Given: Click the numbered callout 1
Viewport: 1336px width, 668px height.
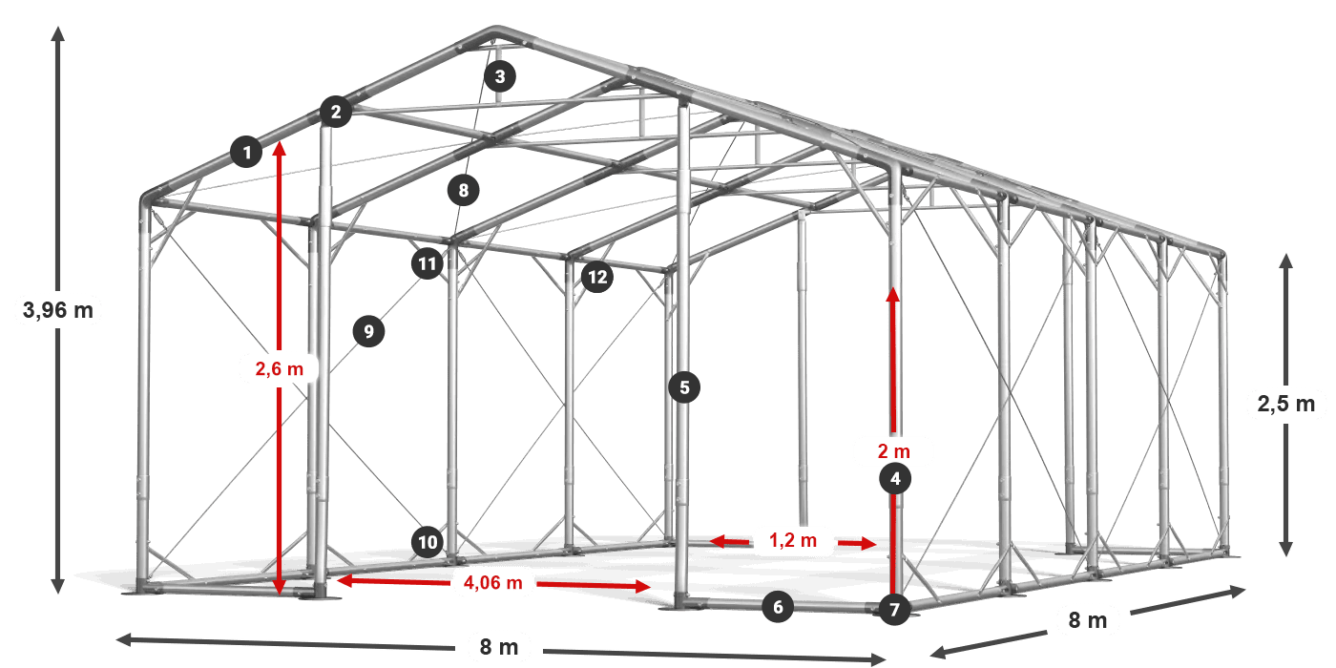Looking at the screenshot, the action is coord(246,152).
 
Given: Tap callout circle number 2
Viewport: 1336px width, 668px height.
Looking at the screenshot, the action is coord(336,112).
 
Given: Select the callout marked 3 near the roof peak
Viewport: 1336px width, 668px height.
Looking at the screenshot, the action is coord(500,76).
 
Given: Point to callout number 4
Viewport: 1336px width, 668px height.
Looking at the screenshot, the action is coord(895,478).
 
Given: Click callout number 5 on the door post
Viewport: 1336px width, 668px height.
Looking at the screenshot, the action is coord(684,387).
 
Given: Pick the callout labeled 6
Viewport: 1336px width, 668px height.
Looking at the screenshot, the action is coord(778,607).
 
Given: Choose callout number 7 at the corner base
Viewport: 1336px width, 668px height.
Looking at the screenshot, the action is coord(894,610).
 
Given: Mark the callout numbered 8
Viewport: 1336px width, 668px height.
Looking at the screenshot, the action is coord(464,190).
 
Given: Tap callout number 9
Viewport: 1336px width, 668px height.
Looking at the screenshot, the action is coord(368,331).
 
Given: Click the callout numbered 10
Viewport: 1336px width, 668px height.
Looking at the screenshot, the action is coord(428,542).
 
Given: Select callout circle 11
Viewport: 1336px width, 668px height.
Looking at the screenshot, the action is coord(428,263).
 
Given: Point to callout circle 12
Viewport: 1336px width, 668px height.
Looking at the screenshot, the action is coord(597,277).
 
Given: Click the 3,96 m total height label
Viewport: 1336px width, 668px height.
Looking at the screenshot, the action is coord(58,310).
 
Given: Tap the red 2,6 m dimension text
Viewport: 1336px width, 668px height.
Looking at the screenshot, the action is coord(279,368).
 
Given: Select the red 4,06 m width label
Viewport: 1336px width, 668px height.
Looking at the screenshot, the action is coord(492,582).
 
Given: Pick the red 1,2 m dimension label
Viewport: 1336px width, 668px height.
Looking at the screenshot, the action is coord(793,540).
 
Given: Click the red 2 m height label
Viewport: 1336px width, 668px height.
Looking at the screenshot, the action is coord(894,450).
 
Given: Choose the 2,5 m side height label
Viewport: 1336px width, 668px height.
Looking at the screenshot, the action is coord(1286,404).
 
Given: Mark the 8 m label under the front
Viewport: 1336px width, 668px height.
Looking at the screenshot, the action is coord(499,647).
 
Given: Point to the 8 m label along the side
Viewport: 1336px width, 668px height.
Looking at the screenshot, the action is coord(1087,620).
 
